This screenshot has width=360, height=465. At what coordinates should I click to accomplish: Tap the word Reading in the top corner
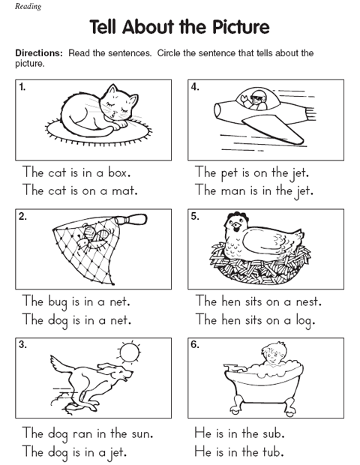(22, 6)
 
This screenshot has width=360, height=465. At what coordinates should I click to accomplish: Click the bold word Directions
(39, 53)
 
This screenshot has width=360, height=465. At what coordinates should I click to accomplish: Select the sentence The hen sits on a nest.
(258, 301)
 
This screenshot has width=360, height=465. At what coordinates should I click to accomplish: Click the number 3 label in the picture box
(22, 346)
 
